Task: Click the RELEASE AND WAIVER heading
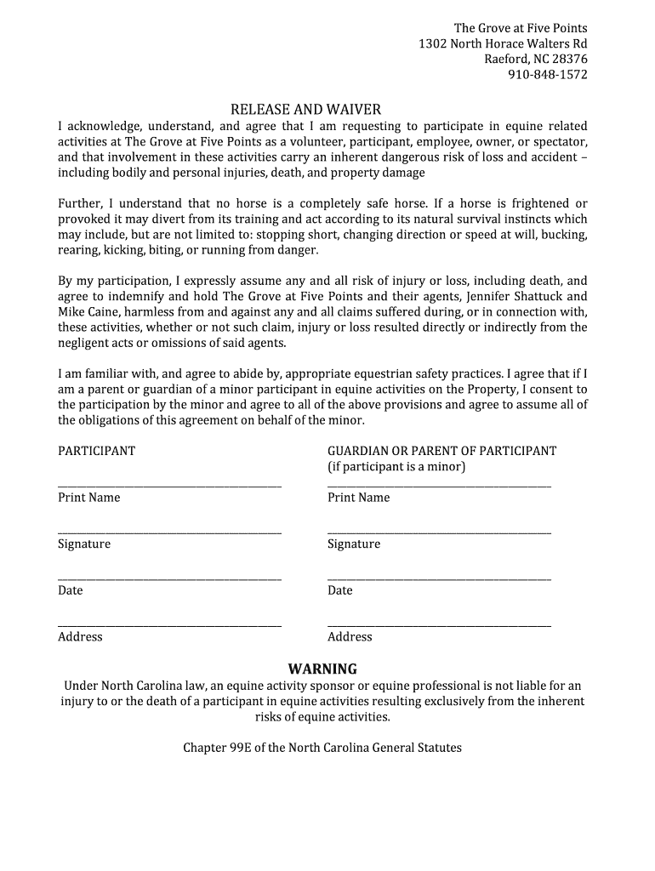tap(306, 110)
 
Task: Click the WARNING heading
tap(322, 669)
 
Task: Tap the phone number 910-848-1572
tap(548, 75)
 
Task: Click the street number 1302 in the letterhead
tap(432, 44)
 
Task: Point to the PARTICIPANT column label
tap(96, 451)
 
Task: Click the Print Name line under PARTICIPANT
tap(169, 486)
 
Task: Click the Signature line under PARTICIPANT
tap(169, 532)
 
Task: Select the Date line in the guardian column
tap(439, 579)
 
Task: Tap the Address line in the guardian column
tap(439, 625)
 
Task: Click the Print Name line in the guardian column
tap(439, 486)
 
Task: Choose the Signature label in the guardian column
tap(354, 544)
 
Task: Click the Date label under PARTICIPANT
tap(70, 590)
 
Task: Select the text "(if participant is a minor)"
tap(396, 467)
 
